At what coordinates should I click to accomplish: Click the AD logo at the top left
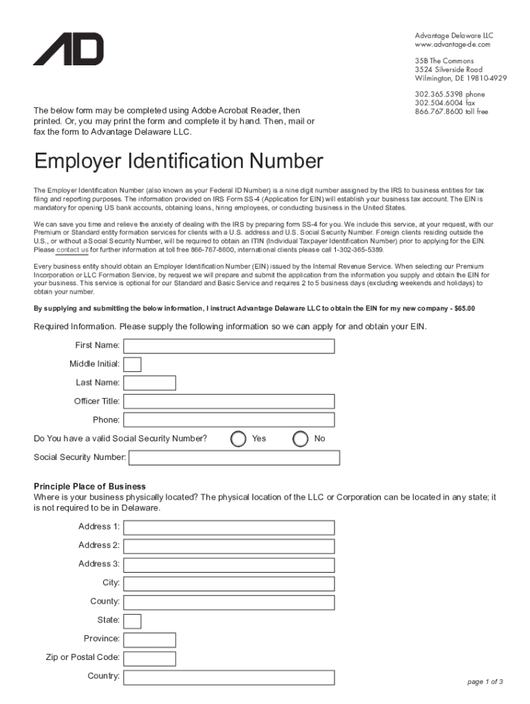pos(68,49)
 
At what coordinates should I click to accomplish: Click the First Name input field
pos(229,346)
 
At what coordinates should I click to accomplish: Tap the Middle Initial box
pos(132,364)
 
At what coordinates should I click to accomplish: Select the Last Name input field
pos(149,383)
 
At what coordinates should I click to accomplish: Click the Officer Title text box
pos(229,401)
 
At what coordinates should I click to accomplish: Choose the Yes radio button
pos(238,439)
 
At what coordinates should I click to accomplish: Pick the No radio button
pos(300,439)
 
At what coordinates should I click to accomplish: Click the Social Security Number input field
pos(234,458)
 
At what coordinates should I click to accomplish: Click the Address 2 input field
pos(229,546)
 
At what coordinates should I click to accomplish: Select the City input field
pos(229,583)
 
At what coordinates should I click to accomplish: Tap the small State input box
pos(132,621)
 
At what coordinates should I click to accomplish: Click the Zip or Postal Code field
pos(149,659)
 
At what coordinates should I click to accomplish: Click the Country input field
pos(229,677)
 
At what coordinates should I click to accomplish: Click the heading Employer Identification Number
pos(178,162)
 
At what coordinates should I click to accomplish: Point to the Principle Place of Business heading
pos(89,487)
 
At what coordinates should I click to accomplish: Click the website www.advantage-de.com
pos(452,45)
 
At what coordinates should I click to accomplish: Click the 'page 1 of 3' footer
pos(485,682)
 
